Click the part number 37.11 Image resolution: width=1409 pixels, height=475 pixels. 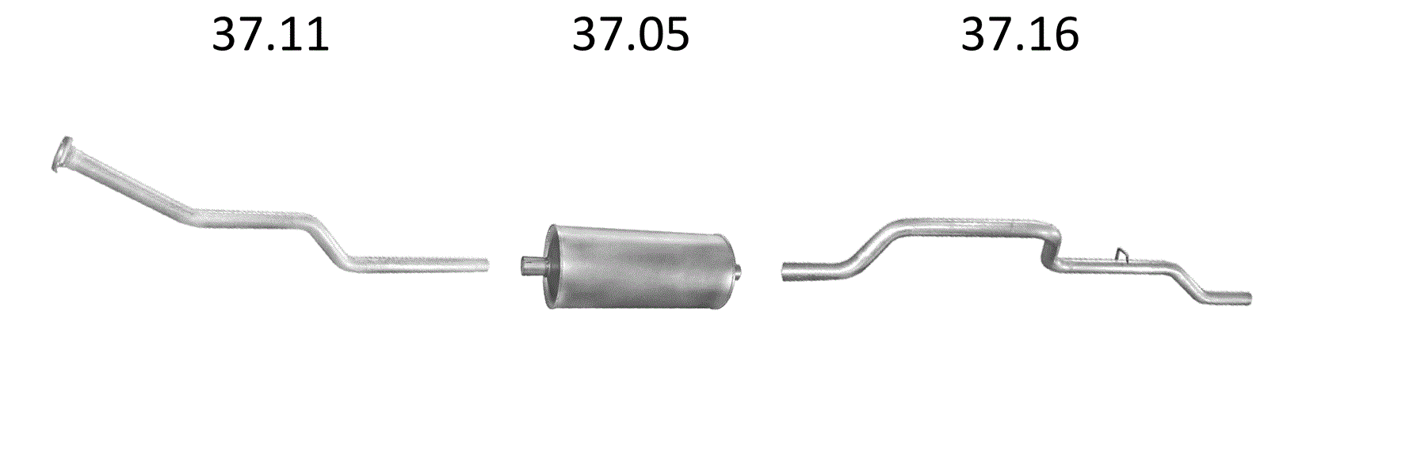[x=270, y=35]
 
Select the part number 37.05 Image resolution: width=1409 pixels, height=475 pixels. [x=631, y=35]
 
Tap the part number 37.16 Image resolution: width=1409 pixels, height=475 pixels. [x=1020, y=35]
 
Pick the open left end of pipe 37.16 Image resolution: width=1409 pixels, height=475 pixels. [x=787, y=271]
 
